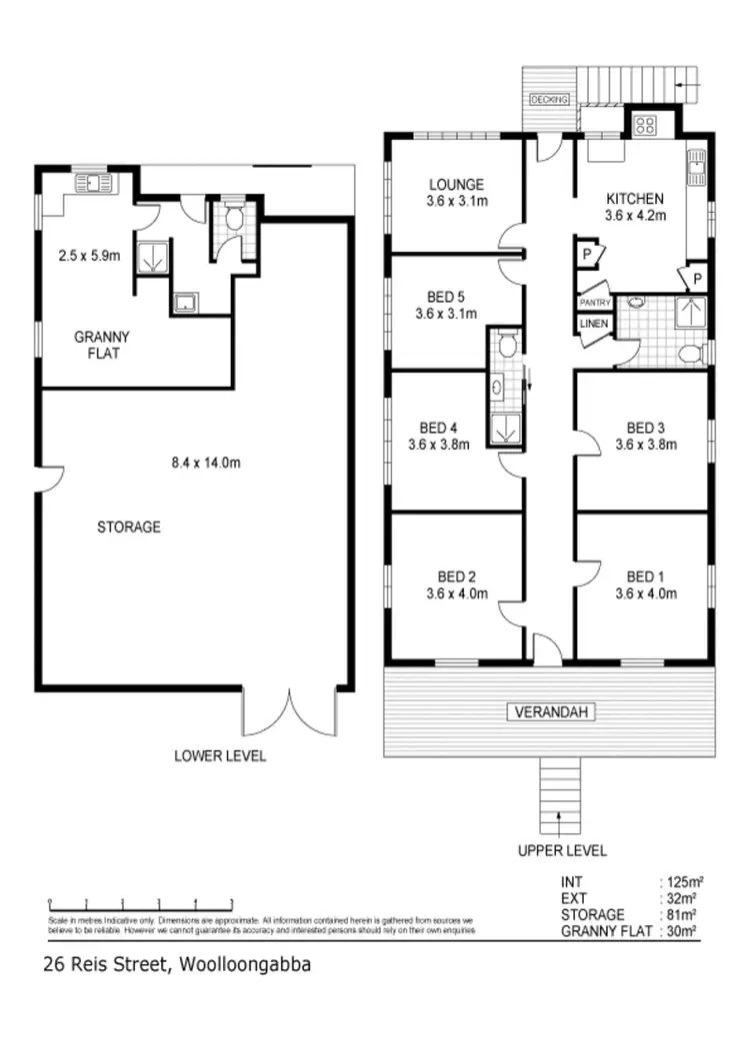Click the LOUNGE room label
click(456, 185)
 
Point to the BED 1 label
click(645, 576)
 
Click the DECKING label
click(550, 100)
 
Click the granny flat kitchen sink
click(97, 183)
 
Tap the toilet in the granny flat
click(232, 217)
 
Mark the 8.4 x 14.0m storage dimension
click(205, 462)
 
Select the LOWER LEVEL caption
click(220, 756)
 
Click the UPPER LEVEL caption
click(561, 851)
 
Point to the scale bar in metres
click(140, 902)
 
